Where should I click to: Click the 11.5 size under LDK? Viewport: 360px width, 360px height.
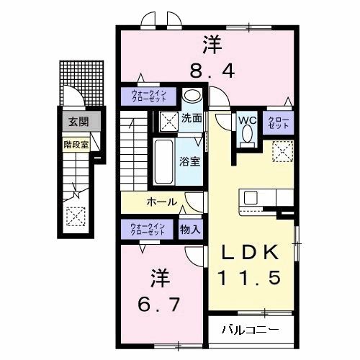pyautogui.click(x=251, y=277)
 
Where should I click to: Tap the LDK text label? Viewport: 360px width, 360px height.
pyautogui.click(x=251, y=253)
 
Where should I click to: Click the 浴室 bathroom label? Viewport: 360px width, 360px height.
pyautogui.click(x=190, y=161)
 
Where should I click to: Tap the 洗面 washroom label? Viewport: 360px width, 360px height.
pyautogui.click(x=191, y=118)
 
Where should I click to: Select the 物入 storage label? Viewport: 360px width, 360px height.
pyautogui.click(x=191, y=230)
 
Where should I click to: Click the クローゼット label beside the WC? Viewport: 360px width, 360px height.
pyautogui.click(x=278, y=122)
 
